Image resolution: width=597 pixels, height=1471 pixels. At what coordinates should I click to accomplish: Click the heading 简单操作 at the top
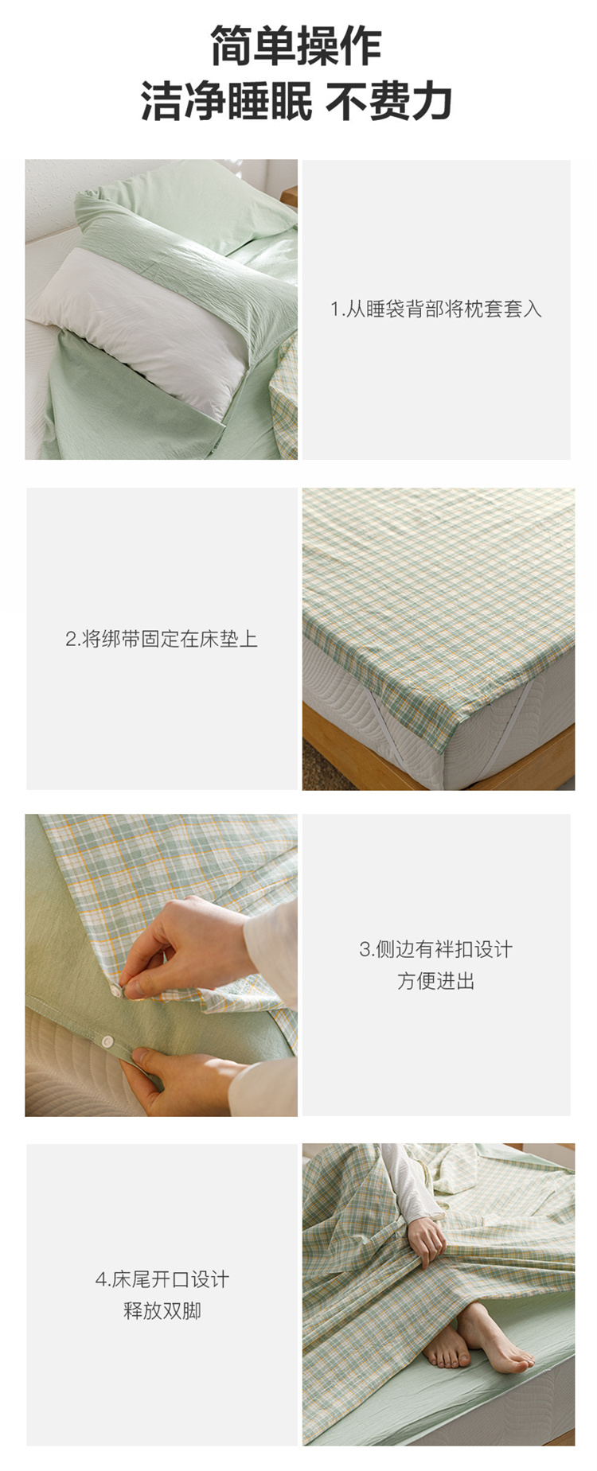click(296, 46)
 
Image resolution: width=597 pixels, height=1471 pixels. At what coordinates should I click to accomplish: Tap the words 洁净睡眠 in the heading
click(227, 102)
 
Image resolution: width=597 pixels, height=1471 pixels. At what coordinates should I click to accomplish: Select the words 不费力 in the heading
click(389, 102)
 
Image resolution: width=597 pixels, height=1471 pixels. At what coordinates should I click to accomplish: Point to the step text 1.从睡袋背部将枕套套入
click(436, 309)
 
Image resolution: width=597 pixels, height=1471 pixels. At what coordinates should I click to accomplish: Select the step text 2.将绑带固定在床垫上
click(162, 639)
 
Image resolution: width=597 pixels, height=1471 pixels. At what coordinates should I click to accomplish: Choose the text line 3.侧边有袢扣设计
click(436, 949)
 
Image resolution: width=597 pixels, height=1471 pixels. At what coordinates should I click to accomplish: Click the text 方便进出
click(436, 981)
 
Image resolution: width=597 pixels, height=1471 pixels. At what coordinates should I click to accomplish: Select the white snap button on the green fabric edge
click(105, 1041)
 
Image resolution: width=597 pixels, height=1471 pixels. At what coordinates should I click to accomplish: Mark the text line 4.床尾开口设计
click(162, 1279)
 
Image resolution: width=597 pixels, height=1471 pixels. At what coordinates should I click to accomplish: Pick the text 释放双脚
click(162, 1311)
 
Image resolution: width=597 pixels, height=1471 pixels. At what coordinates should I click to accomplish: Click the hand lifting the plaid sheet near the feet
click(426, 1238)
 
